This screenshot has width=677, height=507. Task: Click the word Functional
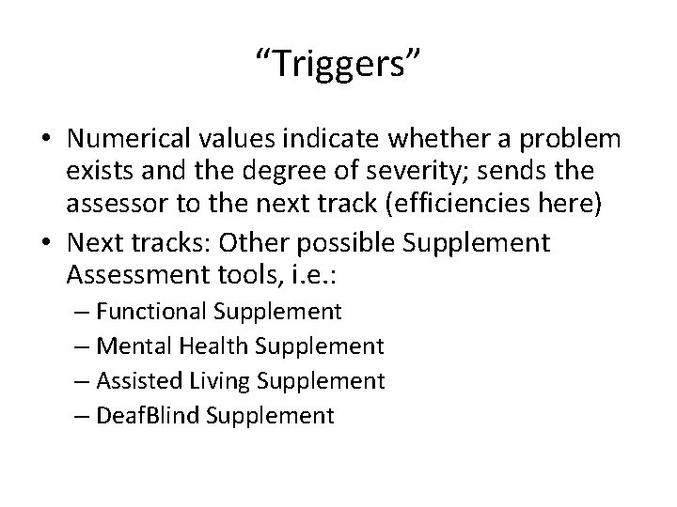point(155,311)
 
